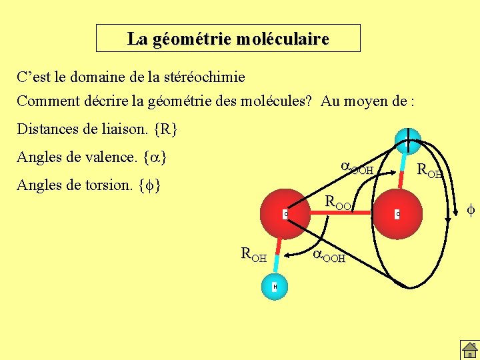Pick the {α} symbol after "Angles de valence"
(155, 158)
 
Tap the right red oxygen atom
(397, 213)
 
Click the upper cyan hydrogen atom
(407, 140)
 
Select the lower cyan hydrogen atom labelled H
(275, 287)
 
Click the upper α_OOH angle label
(357, 169)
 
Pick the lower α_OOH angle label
(329, 256)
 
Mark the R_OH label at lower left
(253, 254)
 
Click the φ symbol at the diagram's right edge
(471, 211)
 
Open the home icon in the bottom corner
(469, 349)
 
